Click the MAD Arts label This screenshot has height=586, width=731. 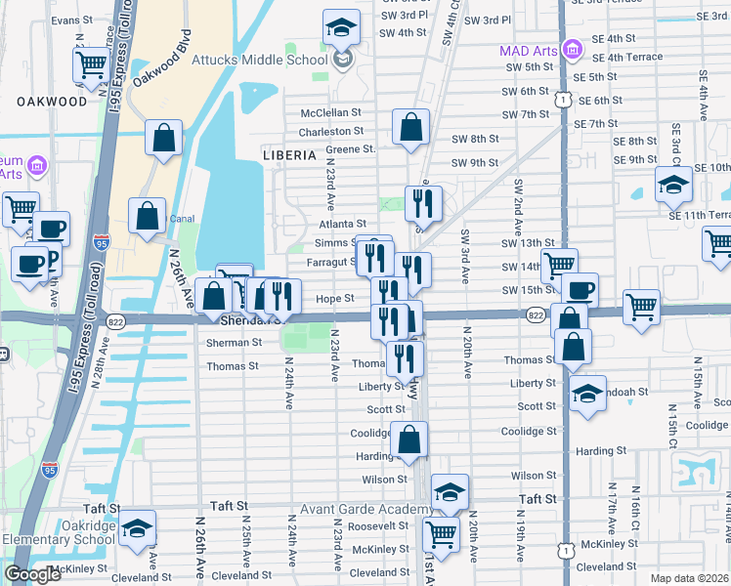[528, 49]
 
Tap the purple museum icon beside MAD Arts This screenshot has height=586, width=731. [573, 49]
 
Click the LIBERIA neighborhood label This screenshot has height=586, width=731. [289, 155]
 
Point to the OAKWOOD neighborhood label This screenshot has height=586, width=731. [52, 101]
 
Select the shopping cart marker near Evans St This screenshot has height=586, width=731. [91, 65]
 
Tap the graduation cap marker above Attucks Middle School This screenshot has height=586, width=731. [341, 27]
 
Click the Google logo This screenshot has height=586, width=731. [32, 574]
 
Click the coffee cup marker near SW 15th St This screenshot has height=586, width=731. [580, 290]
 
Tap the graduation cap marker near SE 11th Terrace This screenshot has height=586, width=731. [673, 184]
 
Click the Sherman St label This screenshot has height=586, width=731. [234, 343]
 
